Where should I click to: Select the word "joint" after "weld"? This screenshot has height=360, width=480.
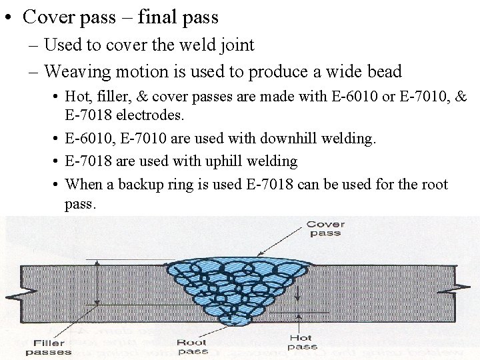(237, 45)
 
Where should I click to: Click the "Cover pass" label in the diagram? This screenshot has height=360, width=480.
(325, 229)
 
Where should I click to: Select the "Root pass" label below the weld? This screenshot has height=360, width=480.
(193, 347)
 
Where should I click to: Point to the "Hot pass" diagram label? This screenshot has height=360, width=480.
(302, 343)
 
